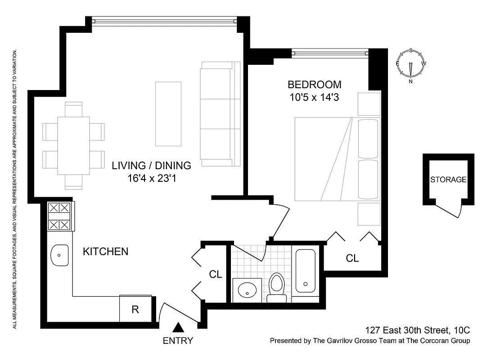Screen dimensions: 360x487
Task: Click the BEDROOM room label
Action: coord(315,84)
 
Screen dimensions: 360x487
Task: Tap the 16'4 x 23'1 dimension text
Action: coord(151,178)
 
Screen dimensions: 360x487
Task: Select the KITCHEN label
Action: coord(105,252)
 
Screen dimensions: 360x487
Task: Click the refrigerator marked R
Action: coord(135,309)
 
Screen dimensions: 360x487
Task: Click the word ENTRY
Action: coord(178,341)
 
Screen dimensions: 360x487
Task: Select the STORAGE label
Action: coord(448,180)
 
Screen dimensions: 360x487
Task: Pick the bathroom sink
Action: coord(247,290)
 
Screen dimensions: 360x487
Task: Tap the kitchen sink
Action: coord(59,255)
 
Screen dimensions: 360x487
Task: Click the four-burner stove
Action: coord(60,216)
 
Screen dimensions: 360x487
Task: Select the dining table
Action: coord(73,146)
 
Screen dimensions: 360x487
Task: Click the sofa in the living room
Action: coord(220,113)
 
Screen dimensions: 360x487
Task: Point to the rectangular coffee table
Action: coord(168,114)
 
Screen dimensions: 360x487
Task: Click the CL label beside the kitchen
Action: coord(216,274)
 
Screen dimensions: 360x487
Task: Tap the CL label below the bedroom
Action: coord(352,258)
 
